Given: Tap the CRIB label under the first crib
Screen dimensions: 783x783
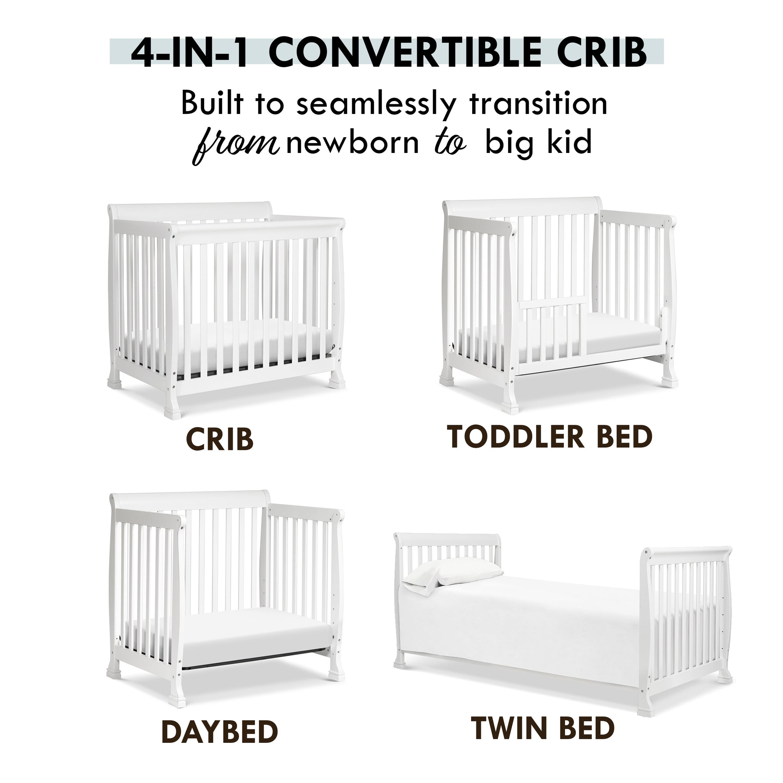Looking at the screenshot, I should [220, 439].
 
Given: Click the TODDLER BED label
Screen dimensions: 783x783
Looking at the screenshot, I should [549, 437].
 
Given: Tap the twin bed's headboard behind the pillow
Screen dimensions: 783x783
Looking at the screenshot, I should [448, 545].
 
